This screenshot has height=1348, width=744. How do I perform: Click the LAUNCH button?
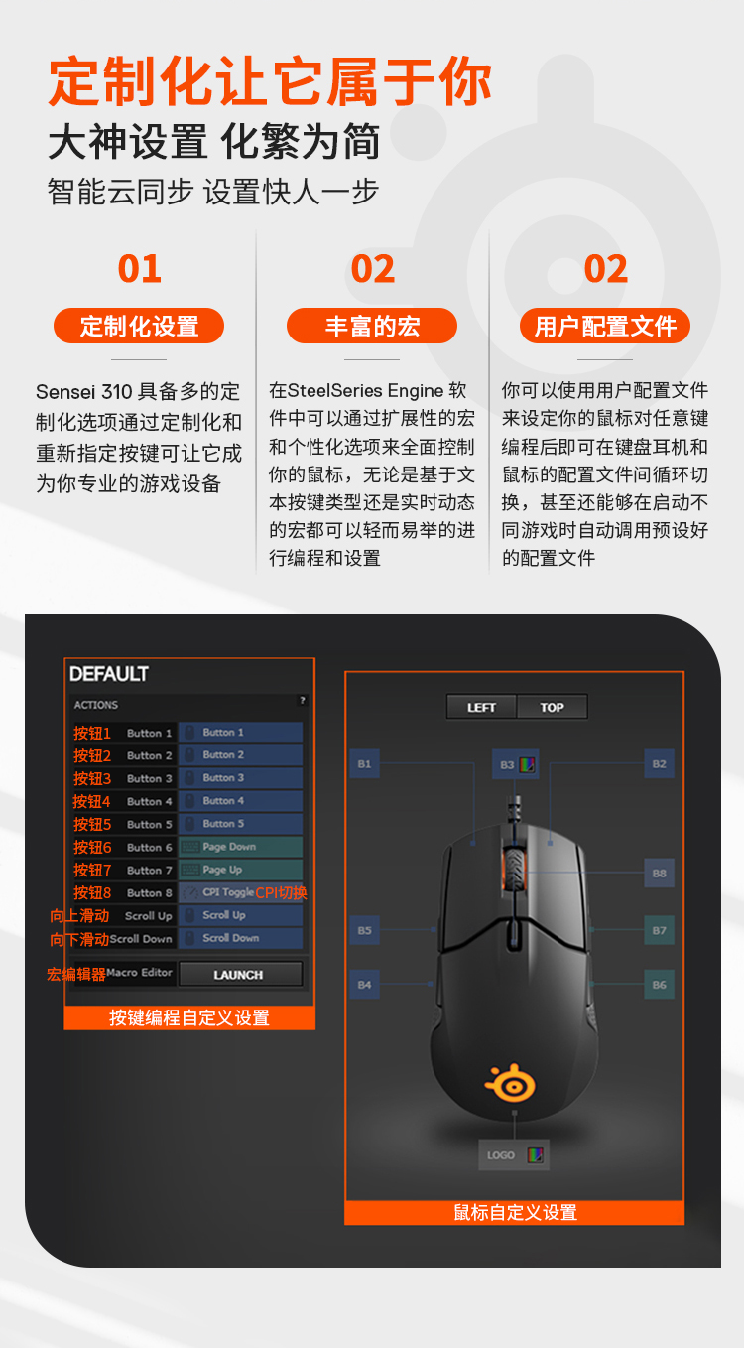[240, 975]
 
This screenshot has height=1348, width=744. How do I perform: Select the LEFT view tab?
[481, 707]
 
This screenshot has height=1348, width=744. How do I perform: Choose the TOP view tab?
[553, 707]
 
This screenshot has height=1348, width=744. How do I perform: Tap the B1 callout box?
[364, 763]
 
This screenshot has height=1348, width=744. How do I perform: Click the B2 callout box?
[660, 763]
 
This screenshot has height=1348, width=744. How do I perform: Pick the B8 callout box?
[660, 873]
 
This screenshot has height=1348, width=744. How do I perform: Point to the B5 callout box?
[364, 930]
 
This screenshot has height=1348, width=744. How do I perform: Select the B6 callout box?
[660, 985]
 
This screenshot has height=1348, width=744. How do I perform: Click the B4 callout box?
[364, 985]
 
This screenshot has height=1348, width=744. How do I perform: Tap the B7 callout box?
[660, 930]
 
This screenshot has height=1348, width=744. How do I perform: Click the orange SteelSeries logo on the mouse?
[510, 1083]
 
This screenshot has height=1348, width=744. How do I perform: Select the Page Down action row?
[241, 847]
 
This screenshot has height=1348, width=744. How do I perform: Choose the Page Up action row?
[241, 870]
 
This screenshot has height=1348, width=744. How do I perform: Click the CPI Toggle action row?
[241, 892]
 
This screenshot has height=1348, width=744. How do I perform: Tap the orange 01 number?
[140, 268]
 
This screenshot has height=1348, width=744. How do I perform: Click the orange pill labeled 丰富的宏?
[372, 326]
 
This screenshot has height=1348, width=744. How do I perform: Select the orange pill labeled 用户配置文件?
[605, 326]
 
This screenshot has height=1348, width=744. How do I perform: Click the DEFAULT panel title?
[109, 674]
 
